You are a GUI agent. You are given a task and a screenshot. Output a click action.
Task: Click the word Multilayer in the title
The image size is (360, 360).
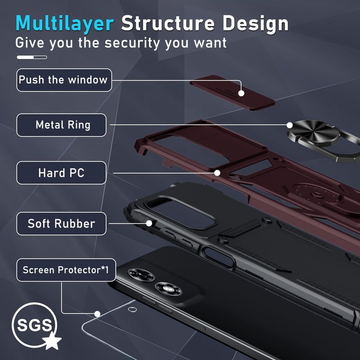pos(64,23)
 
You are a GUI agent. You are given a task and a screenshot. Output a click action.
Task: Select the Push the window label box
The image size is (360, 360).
pos(64,80)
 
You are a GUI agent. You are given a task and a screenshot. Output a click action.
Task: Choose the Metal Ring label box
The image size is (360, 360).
pos(62,125)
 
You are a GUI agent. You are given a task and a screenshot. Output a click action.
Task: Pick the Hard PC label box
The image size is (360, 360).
pos(62,173)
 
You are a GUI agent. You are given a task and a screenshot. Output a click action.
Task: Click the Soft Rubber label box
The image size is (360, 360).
pos(62,224)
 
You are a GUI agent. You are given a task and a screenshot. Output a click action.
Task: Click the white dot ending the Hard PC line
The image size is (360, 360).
pos(217,172)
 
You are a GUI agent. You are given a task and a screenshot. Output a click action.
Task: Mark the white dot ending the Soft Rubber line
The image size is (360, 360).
pos(149,222)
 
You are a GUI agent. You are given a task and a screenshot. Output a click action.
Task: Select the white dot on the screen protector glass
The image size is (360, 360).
pos(97,314)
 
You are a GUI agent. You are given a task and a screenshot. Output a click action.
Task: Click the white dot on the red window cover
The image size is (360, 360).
pos(241,94)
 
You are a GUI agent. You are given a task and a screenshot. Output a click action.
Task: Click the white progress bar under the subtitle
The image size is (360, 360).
pos(31,58)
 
